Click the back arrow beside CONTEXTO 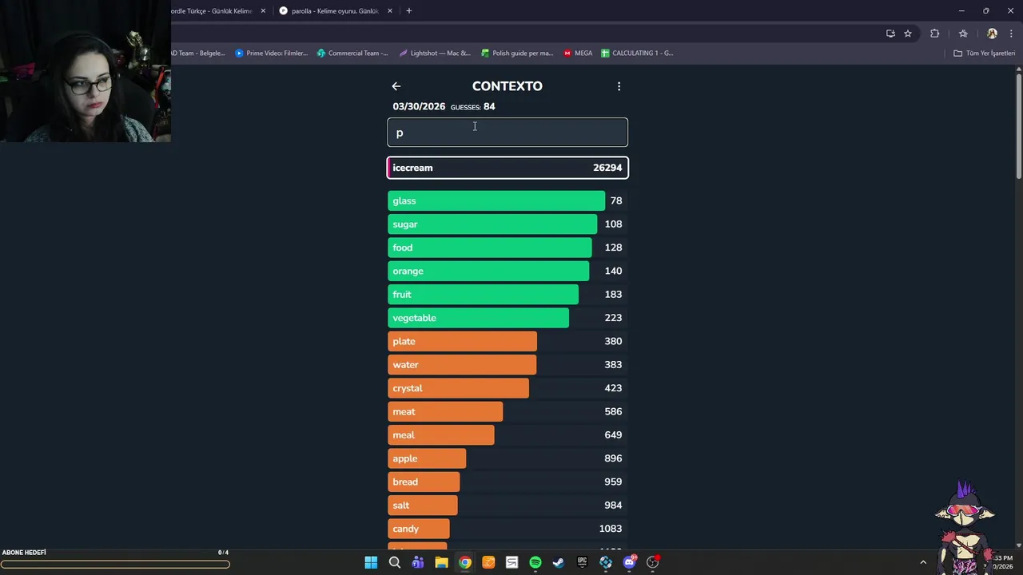pyautogui.click(x=396, y=86)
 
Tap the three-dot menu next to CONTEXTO pyautogui.click(x=619, y=86)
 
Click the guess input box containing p pyautogui.click(x=508, y=133)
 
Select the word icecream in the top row pyautogui.click(x=412, y=168)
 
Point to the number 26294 pyautogui.click(x=607, y=168)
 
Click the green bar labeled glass pyautogui.click(x=496, y=200)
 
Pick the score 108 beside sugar pyautogui.click(x=613, y=224)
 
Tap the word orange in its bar pyautogui.click(x=408, y=271)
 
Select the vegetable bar pyautogui.click(x=478, y=318)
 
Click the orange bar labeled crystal pyautogui.click(x=458, y=388)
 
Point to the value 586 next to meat pyautogui.click(x=613, y=411)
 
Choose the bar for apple pyautogui.click(x=427, y=458)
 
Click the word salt pyautogui.click(x=401, y=506)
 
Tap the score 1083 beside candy pyautogui.click(x=611, y=529)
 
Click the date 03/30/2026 pyautogui.click(x=419, y=107)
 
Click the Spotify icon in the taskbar pyautogui.click(x=535, y=562)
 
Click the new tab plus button pyautogui.click(x=408, y=11)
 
